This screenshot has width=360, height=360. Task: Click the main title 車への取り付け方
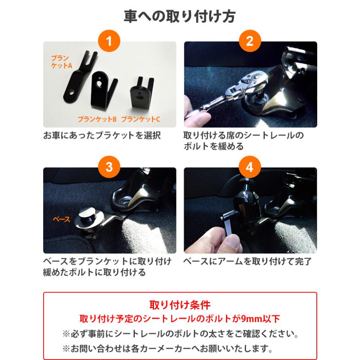(x=180, y=16)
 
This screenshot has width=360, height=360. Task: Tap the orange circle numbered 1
(x=109, y=41)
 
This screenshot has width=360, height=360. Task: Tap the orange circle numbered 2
(x=250, y=41)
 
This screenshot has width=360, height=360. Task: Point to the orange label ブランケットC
(x=140, y=119)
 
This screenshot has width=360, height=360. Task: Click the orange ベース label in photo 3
(x=62, y=219)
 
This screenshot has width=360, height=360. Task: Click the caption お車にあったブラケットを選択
(x=102, y=136)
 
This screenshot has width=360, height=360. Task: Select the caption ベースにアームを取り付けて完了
(x=247, y=262)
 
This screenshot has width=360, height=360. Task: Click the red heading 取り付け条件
(x=180, y=305)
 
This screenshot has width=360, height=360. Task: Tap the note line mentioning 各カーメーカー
(x=168, y=348)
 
